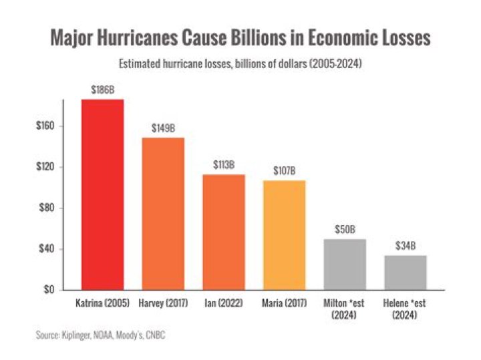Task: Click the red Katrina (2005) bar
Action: tap(102, 194)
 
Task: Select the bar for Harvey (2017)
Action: tap(163, 214)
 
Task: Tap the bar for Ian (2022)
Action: tap(224, 232)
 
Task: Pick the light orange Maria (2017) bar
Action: tap(285, 235)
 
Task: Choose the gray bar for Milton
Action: tap(345, 264)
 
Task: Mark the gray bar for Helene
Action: tap(406, 273)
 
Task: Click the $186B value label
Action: tap(102, 89)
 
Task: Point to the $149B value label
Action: tap(163, 128)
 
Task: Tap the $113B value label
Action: tap(224, 164)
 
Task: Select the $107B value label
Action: tap(285, 171)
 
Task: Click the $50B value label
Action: tap(345, 229)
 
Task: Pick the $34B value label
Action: tap(406, 245)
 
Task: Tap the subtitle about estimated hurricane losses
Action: tap(240, 65)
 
